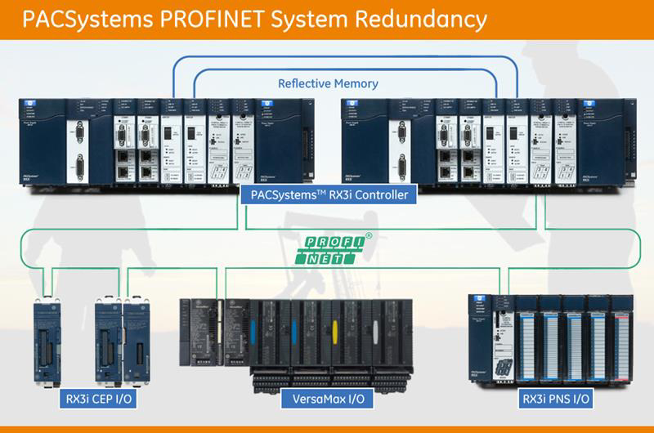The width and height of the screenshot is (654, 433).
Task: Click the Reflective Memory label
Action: pos(328,83)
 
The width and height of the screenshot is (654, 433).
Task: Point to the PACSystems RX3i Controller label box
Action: pos(326,194)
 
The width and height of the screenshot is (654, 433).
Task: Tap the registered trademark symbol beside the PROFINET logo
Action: pos(369,236)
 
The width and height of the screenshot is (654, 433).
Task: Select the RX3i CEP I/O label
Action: pos(96,400)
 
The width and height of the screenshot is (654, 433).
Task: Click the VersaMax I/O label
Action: pos(327,400)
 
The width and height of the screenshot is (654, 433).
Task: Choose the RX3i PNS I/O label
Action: pos(557,400)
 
